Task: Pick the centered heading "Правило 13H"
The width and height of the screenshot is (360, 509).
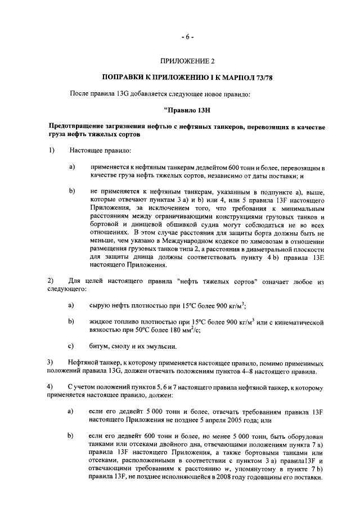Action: point(188,110)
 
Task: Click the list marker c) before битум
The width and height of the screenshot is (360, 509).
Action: point(71,346)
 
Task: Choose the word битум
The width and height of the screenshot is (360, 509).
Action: point(99,346)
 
